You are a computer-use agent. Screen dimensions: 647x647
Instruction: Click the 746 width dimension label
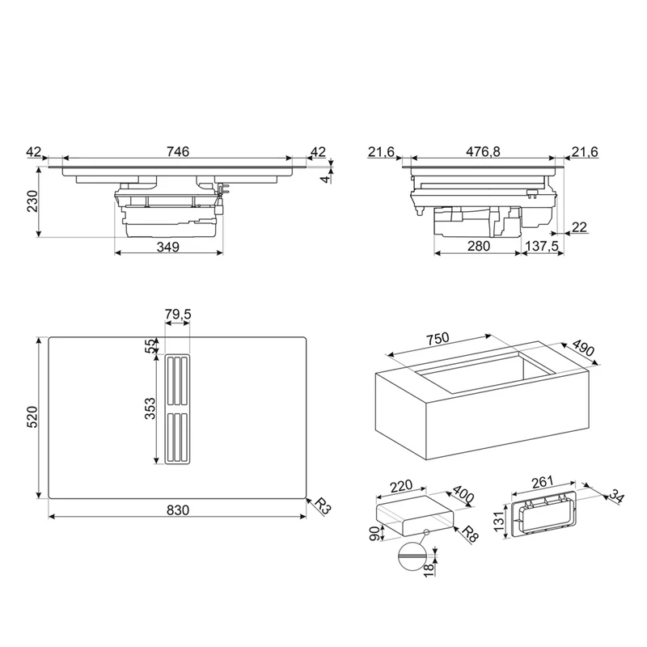tap(178, 151)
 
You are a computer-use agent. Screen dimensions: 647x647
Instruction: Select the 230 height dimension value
tap(32, 201)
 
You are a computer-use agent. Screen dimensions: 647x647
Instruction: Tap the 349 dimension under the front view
tap(168, 247)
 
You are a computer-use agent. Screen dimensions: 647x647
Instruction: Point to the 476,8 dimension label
tap(483, 151)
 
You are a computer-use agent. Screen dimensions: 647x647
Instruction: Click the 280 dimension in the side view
tap(479, 246)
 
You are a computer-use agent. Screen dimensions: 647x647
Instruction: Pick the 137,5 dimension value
tap(542, 246)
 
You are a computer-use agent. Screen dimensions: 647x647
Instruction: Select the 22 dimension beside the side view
tap(579, 227)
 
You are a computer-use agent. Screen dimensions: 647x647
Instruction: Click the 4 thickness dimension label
tap(326, 180)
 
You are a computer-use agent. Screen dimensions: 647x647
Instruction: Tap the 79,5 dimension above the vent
tap(178, 315)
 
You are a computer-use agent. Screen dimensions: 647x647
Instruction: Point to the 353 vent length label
tap(150, 408)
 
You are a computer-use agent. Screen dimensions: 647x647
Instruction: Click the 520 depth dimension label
tap(32, 417)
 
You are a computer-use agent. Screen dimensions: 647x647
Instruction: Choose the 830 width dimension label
tap(178, 510)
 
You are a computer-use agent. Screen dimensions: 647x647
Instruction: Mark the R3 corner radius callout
tap(323, 506)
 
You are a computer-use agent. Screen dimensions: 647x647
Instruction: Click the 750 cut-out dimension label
tap(438, 339)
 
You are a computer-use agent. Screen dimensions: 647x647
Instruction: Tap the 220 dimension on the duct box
tap(401, 485)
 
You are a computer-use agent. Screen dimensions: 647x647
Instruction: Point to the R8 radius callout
tap(470, 534)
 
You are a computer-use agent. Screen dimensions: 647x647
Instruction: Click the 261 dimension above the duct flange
tap(542, 482)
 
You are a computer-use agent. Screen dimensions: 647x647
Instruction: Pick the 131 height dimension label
tap(499, 521)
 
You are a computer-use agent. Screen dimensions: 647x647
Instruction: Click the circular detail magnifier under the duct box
tap(412, 557)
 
